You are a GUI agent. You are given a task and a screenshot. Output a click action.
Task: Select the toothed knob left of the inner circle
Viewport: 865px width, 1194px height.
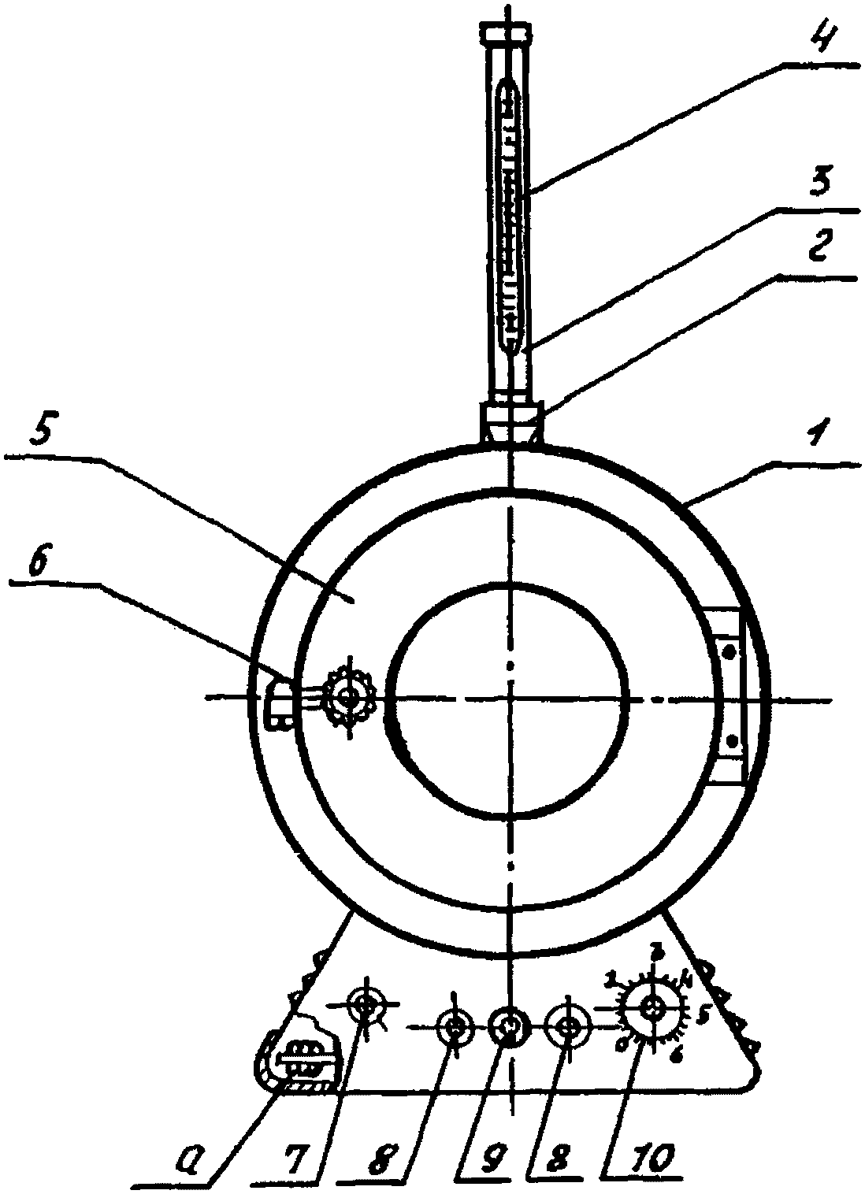point(347,696)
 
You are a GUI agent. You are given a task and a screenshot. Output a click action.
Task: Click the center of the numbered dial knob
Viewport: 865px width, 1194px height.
point(652,1007)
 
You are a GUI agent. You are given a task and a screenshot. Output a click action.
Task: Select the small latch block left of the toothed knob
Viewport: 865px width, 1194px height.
point(278,701)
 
